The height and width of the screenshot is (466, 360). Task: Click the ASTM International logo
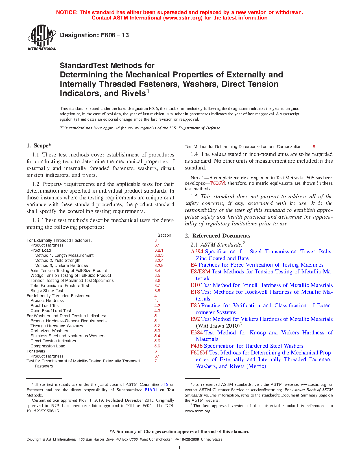[42, 38]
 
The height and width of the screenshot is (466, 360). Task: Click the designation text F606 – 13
[94, 35]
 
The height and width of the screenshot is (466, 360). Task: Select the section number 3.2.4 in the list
[159, 260]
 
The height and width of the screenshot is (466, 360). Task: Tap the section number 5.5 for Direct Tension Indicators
[157, 341]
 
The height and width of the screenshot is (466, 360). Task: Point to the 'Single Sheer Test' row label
[47, 291]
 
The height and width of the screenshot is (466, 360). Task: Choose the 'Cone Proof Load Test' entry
[51, 311]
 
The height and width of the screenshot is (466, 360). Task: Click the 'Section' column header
[164, 235]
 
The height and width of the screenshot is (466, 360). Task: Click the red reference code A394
[197, 252]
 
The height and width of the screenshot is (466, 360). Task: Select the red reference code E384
[197, 333]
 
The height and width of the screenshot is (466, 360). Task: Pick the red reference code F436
[196, 346]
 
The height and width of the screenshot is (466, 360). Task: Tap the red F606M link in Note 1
[217, 183]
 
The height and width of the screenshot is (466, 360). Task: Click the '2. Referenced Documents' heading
[217, 236]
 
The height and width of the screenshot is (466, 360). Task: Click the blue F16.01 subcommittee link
[151, 390]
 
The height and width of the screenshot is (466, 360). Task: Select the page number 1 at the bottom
[180, 448]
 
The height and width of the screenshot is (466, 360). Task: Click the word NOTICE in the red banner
[67, 12]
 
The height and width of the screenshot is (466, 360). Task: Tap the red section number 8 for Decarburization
[314, 147]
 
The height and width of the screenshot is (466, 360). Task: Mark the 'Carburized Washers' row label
[49, 331]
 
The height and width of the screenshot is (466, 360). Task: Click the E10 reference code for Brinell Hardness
[195, 285]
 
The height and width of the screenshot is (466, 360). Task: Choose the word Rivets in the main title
[133, 93]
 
